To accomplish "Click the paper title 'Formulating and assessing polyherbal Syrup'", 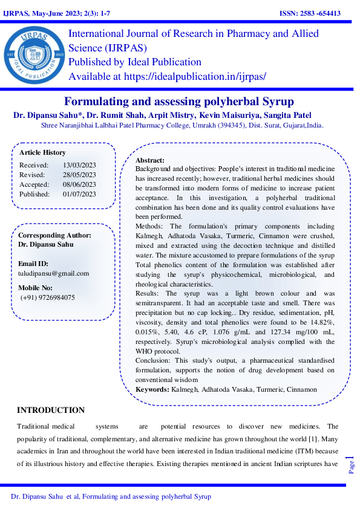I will tap(179, 101).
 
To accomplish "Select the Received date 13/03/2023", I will tap(79, 165).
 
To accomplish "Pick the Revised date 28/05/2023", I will tap(79, 175).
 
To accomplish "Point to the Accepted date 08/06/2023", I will tap(79, 184).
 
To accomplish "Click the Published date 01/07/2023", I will tap(79, 194).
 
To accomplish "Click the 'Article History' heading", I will tap(42, 152).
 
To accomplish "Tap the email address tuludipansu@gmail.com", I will tap(53, 273).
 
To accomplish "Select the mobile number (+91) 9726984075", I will tap(48, 297).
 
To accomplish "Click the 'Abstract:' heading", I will tap(151, 160).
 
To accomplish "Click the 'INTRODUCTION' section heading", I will tap(51, 410).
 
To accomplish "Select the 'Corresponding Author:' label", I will tap(54, 235).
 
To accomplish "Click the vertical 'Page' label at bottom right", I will tap(351, 467).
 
